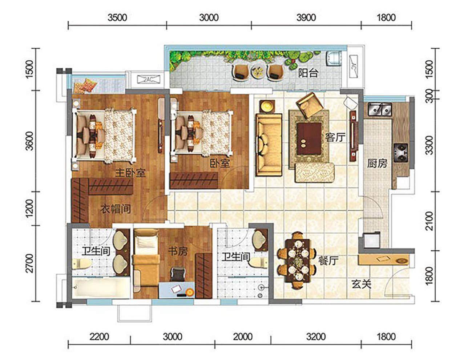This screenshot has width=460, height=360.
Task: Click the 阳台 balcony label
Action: pos(308,73)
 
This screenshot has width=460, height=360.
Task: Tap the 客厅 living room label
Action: pos(335,137)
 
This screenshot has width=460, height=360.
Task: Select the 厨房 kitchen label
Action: pos(377,163)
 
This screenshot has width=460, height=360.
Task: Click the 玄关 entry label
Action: pos(362,284)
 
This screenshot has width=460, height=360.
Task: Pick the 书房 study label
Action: pos(178,251)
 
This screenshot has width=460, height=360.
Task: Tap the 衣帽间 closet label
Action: pos(116,209)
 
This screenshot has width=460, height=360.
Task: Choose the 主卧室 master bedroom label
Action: pos(130,173)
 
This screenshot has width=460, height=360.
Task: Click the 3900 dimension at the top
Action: pos(306,17)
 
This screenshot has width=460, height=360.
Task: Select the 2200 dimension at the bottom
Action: pos(99,337)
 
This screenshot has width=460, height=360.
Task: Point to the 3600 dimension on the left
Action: pos(29,141)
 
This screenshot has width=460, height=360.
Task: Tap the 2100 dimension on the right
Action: pos(430,221)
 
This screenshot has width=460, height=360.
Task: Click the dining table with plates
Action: pos(297,261)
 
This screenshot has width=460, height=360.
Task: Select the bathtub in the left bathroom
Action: pos(101,288)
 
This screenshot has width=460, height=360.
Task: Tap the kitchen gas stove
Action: pos(401,153)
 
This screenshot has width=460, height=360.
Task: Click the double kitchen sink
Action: pos(380,109)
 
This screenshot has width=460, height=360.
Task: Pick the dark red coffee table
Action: pos(309,139)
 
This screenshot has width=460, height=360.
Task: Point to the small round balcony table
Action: pos(257,71)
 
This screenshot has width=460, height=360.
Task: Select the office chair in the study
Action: pos(178,274)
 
